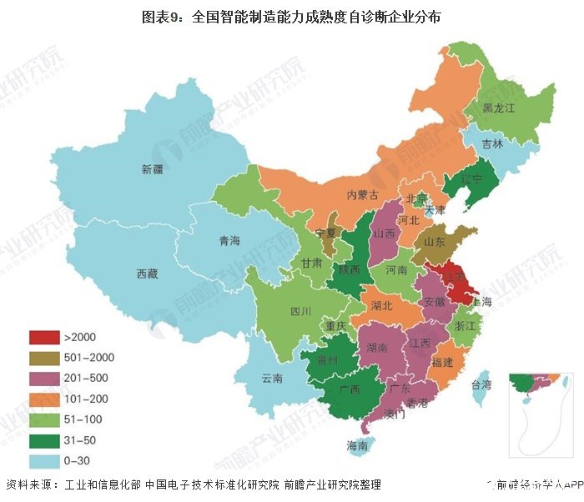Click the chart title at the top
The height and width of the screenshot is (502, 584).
[x=291, y=16]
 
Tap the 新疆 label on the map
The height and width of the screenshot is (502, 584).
[x=153, y=170]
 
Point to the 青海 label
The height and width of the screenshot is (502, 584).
[x=229, y=241]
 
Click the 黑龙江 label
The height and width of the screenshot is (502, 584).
[x=500, y=108]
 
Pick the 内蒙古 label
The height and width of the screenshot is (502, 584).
[x=363, y=195]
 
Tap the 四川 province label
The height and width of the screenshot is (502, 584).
[x=300, y=311]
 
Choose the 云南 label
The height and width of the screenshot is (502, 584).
[x=273, y=378]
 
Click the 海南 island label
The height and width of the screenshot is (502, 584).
[x=358, y=446]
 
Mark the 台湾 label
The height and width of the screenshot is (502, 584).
[x=481, y=385]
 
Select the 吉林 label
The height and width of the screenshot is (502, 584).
[x=492, y=143]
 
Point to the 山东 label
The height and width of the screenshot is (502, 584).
[x=434, y=241]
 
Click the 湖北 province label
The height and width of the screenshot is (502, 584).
[x=382, y=305]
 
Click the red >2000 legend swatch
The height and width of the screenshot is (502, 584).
[x=43, y=338]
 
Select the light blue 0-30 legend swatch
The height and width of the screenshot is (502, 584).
[x=43, y=460]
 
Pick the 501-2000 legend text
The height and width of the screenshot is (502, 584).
[x=88, y=358]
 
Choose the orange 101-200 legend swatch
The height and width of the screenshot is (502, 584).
[x=43, y=399]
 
